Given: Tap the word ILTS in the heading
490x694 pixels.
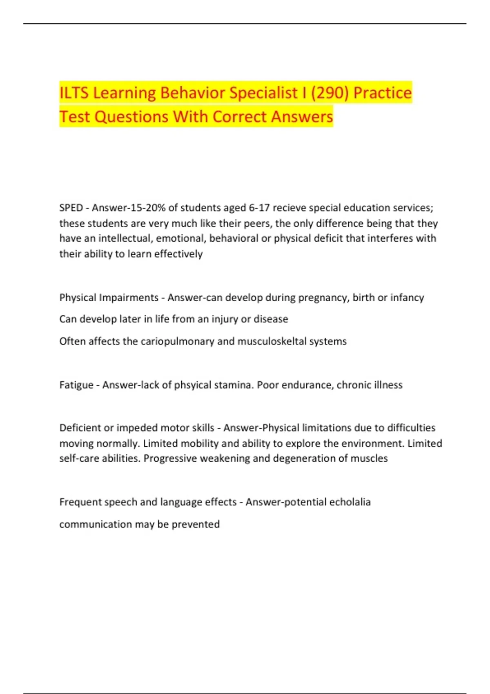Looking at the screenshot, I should [74, 93].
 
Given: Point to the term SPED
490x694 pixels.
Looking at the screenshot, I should [71, 208].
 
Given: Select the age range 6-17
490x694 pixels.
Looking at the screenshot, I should [259, 208].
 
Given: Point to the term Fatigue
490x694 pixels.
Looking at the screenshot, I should [76, 385].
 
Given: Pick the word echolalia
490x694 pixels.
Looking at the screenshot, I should [350, 502].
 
